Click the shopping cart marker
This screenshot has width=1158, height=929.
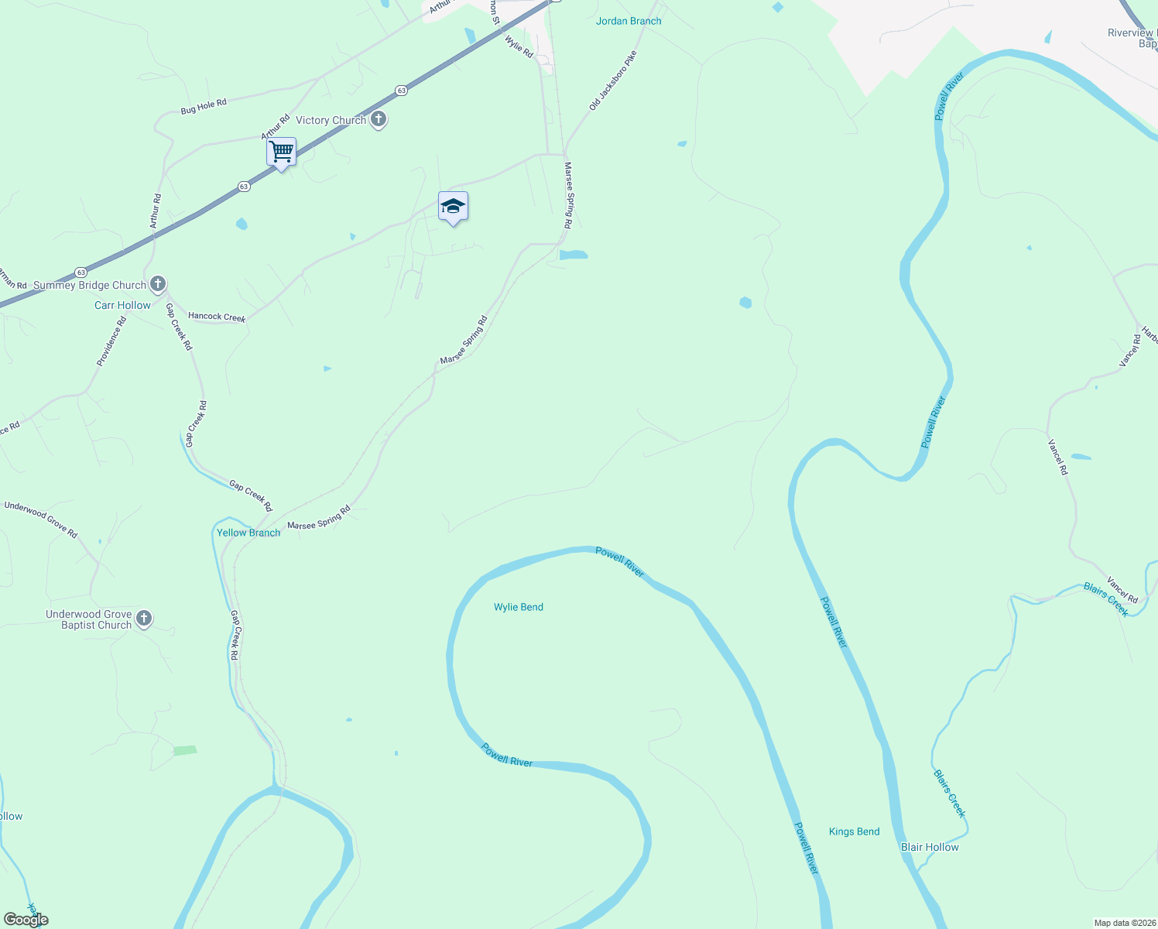(x=281, y=152)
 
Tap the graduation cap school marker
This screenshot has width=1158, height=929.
(x=453, y=207)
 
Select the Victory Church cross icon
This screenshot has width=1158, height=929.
(x=378, y=120)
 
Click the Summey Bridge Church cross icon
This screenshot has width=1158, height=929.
(x=158, y=284)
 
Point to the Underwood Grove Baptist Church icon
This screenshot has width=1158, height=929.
(x=143, y=619)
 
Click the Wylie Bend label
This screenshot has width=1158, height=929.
(x=519, y=607)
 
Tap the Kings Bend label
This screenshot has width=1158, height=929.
(x=854, y=831)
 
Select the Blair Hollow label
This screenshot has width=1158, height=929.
(x=930, y=847)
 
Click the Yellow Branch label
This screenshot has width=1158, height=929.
(x=248, y=533)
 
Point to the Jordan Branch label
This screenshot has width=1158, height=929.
(x=629, y=21)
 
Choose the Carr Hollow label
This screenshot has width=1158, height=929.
(x=122, y=305)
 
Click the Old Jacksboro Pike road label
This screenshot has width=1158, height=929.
(x=612, y=81)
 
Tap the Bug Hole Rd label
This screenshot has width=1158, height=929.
(x=204, y=107)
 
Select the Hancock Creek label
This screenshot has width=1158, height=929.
(x=217, y=317)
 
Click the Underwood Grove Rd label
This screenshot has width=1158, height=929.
(x=41, y=519)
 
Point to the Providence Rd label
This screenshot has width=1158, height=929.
(x=111, y=341)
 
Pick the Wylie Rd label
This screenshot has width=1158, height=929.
(x=519, y=46)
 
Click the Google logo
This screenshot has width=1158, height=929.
(x=26, y=920)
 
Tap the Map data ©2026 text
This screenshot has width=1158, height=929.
(x=1125, y=923)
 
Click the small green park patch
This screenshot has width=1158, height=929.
(x=185, y=750)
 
